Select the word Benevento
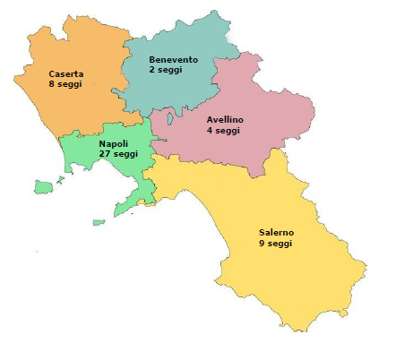point(174,59)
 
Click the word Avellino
point(224,119)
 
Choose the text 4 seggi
point(223,130)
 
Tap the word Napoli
point(113,143)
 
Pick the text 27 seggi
point(118,154)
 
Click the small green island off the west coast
point(43,186)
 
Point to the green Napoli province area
point(90,161)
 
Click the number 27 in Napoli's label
point(104,154)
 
